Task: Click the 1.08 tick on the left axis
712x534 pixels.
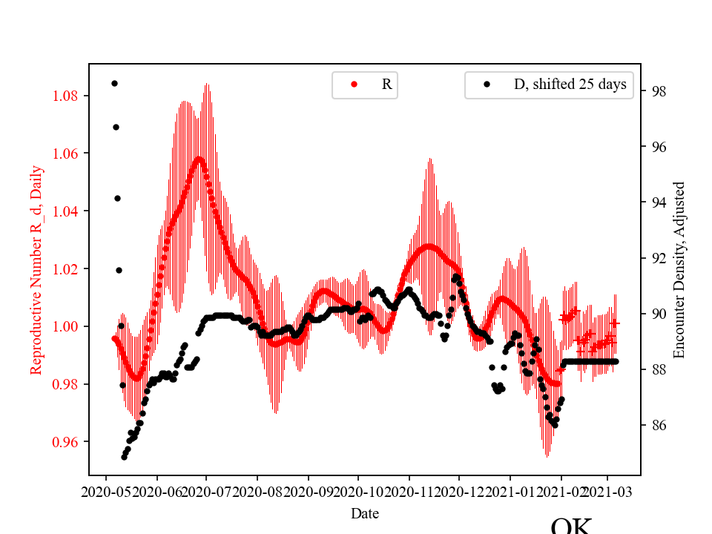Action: pos(68,96)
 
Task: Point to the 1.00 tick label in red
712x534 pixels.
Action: pos(68,326)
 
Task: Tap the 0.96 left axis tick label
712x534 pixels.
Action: pos(68,442)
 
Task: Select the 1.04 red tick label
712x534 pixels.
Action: pos(68,211)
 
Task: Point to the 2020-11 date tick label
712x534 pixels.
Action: pos(409,491)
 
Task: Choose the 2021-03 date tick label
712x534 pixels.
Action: pos(608,491)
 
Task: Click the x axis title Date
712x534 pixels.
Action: pos(365,512)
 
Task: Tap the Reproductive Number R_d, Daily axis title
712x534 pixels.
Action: pos(36,270)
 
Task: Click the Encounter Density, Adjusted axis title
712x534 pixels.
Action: pos(679,270)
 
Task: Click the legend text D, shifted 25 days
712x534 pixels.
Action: pos(570,85)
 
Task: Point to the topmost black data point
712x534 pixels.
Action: pos(114,83)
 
